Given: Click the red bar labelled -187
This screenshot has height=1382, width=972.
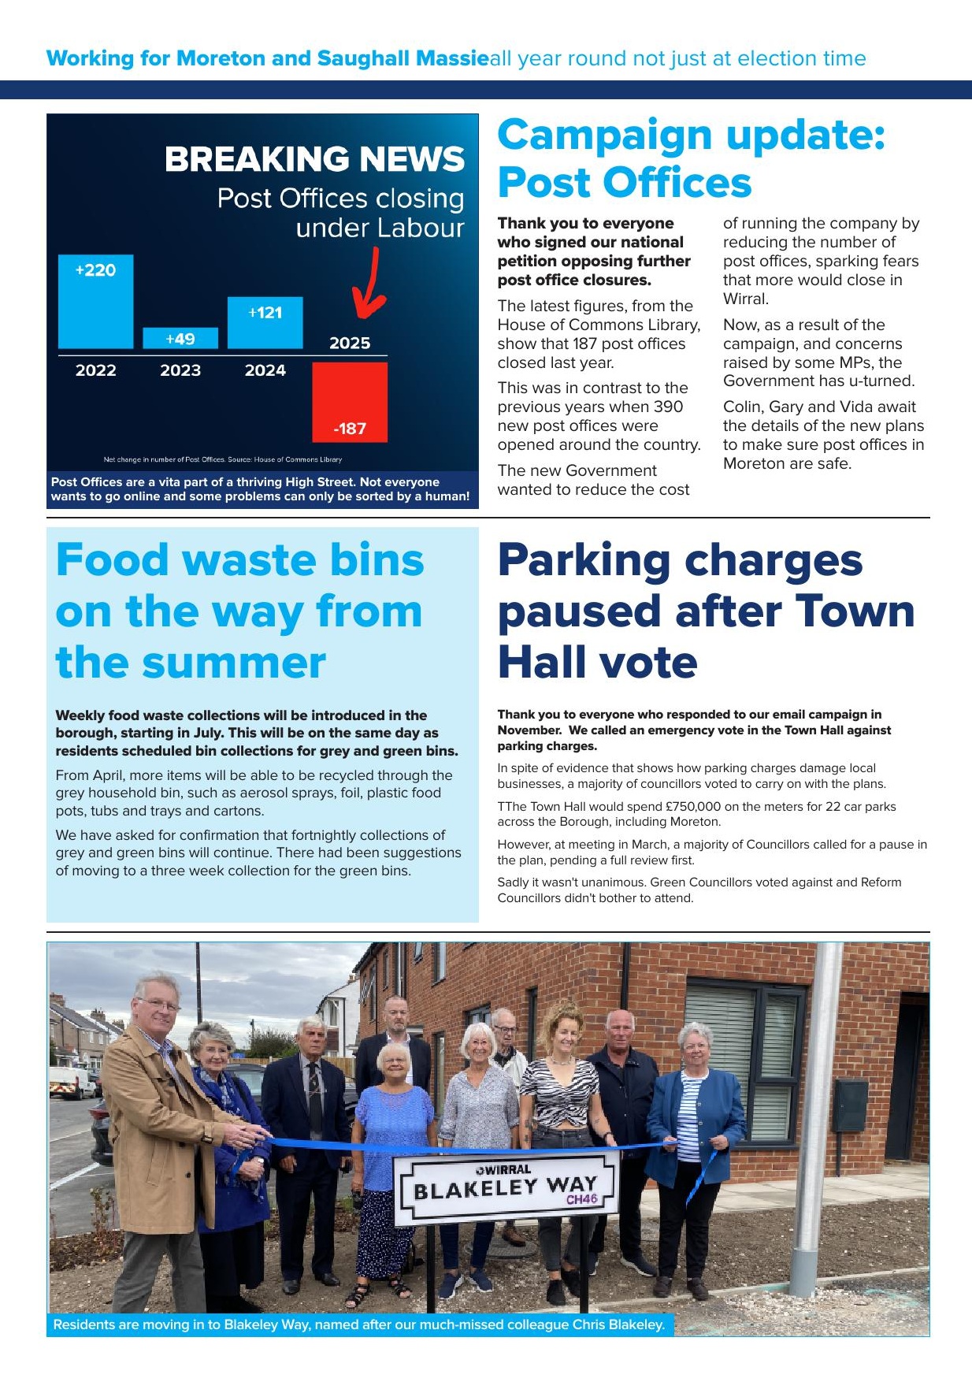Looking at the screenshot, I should point(350,402).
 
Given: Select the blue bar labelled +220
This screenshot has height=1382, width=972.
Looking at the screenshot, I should point(95,302).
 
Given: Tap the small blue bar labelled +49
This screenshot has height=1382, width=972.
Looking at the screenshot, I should point(180,339).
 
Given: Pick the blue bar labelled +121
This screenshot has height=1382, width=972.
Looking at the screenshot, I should point(265,322).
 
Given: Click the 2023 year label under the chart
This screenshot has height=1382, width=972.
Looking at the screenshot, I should point(180,370).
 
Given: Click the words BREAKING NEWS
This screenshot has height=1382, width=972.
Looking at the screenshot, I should point(314,159).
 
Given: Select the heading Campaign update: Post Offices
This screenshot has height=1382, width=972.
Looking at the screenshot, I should point(691,158).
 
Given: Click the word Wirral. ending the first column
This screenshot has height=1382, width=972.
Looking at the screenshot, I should point(745,299).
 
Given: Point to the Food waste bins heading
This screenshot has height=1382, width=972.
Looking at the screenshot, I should point(239,611).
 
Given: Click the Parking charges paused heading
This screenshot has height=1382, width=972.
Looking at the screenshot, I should point(706,611).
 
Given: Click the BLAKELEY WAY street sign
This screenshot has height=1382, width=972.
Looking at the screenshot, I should point(505,1188).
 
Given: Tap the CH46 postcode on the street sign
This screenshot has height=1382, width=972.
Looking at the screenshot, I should point(581,1199).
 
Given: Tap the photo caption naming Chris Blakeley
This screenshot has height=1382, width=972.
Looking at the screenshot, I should point(359,1324).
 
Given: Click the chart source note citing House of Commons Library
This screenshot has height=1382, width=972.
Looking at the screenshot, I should point(223,459).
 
